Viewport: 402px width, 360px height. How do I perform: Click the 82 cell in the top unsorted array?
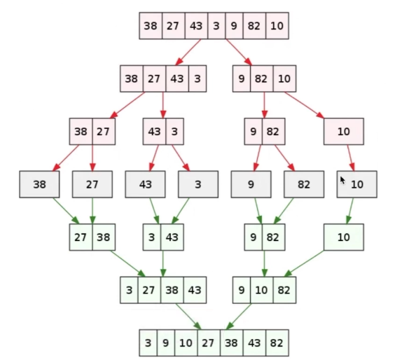tap(254, 26)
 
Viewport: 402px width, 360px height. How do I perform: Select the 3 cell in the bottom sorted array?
tap(148, 342)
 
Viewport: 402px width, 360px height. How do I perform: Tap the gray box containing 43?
tap(145, 184)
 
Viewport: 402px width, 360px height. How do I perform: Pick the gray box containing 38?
tap(39, 184)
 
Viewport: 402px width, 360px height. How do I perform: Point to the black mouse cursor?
tap(342, 180)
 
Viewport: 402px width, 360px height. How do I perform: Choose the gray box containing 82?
tap(304, 184)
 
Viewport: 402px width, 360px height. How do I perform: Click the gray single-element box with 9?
tap(251, 184)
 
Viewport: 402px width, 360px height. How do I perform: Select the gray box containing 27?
tap(92, 184)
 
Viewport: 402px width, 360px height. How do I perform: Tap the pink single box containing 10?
tap(344, 132)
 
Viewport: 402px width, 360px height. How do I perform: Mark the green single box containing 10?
tap(344, 237)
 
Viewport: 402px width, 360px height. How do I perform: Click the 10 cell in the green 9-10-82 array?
tap(262, 290)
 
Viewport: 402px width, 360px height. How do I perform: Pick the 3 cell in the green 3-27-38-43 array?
tap(129, 290)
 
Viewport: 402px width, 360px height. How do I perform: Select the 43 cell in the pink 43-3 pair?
tap(154, 132)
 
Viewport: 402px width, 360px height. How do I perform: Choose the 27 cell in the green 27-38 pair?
tap(81, 237)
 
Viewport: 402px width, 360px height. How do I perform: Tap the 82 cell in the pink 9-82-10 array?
tap(262, 78)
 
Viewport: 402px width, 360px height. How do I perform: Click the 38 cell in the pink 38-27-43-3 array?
tap(132, 78)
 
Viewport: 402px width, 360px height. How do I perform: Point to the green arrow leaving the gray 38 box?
tap(66, 211)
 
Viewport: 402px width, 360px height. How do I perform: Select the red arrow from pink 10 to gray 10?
tap(351, 158)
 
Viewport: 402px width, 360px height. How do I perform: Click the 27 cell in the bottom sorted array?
tap(209, 342)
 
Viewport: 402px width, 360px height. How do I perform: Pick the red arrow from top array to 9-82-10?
tap(239, 53)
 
